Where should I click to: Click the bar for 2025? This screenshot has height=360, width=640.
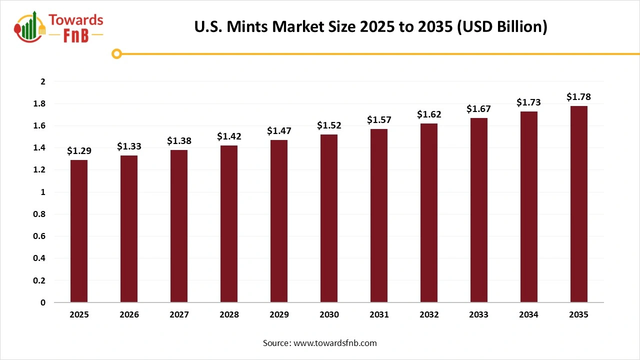(79, 231)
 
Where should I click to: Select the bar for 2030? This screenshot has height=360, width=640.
(329, 218)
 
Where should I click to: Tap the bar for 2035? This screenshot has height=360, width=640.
(579, 204)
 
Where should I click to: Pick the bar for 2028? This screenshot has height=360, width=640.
(229, 224)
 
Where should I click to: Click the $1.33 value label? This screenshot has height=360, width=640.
(129, 146)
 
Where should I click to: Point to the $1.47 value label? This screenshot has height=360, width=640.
(279, 131)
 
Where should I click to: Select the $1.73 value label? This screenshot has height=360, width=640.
(529, 102)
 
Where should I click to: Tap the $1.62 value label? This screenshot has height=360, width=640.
(429, 114)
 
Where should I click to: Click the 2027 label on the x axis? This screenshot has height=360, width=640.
(179, 315)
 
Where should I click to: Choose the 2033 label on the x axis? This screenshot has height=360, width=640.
(479, 315)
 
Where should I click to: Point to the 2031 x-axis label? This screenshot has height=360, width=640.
(379, 315)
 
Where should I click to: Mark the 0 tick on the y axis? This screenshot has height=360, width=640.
(43, 302)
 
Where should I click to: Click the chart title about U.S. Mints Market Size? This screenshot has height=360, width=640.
(370, 26)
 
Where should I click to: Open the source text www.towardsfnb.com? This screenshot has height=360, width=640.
(319, 343)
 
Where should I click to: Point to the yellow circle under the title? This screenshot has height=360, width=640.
(116, 53)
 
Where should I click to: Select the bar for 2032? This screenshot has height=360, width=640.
(429, 213)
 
